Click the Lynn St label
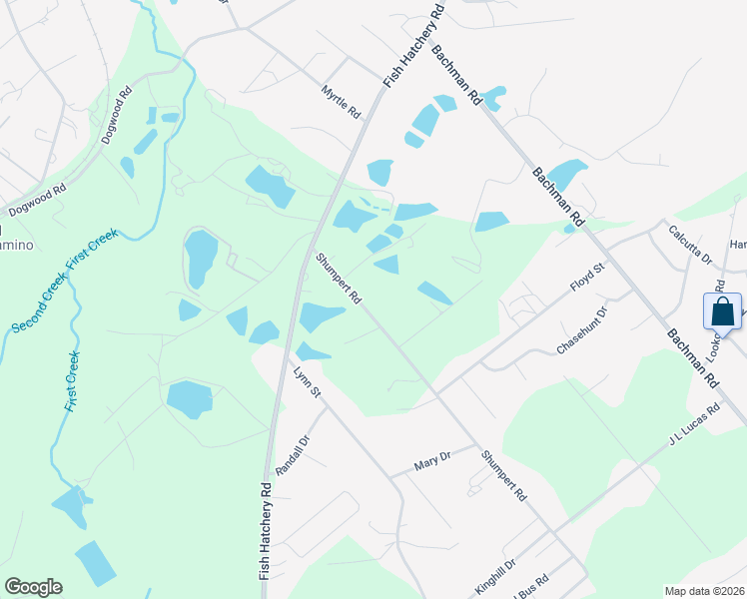[x=307, y=383]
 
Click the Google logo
[x=33, y=587]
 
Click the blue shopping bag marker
[x=722, y=310]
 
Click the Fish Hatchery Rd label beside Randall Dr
[x=267, y=531]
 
